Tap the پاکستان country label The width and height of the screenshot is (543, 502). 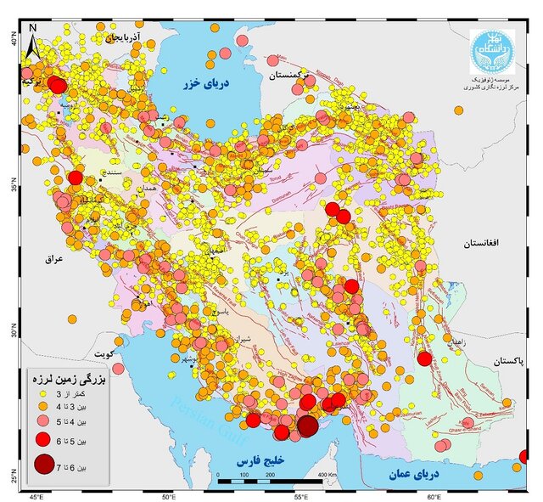(x=507, y=361)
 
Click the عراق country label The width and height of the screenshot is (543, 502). (x=55, y=259)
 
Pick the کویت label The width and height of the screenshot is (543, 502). (x=104, y=353)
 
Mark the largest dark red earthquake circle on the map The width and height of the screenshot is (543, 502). (x=308, y=426)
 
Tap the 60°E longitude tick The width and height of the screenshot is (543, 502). (x=433, y=495)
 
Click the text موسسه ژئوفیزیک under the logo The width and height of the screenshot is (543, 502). (x=496, y=77)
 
